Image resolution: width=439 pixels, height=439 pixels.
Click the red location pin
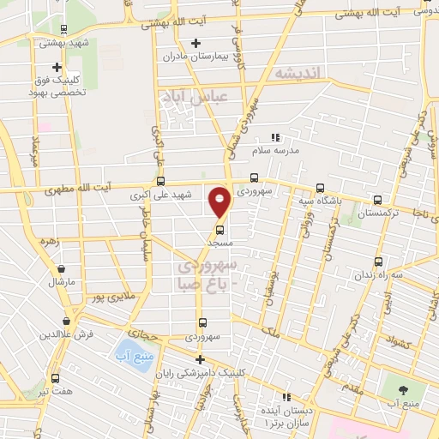pyautogui.click(x=220, y=201)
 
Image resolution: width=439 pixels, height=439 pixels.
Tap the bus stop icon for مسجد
pyautogui.click(x=219, y=229)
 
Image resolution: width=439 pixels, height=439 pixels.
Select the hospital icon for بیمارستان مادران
pyautogui.click(x=195, y=43)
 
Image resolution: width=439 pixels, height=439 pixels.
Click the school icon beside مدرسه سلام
pyautogui.click(x=275, y=136)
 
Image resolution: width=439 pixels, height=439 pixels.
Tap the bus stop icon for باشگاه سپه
pyautogui.click(x=320, y=188)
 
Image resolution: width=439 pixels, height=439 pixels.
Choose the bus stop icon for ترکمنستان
pyautogui.click(x=377, y=200)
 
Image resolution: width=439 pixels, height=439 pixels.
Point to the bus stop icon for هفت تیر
pyautogui.click(x=57, y=376)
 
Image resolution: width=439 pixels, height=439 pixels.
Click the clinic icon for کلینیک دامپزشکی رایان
pyautogui.click(x=200, y=359)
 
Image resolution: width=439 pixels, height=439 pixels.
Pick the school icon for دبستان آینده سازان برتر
pyautogui.click(x=286, y=397)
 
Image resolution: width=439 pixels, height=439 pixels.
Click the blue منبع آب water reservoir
pyautogui.click(x=129, y=352)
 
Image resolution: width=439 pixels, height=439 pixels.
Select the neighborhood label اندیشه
pyautogui.click(x=296, y=75)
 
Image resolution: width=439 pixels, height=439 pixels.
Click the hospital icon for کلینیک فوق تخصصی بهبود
pyautogui.click(x=57, y=67)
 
